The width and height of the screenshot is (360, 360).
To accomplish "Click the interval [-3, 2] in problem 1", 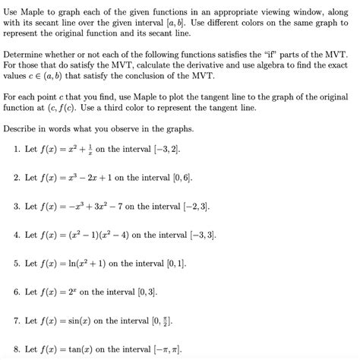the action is (x=165, y=149).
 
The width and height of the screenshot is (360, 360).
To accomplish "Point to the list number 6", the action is (x=17, y=292).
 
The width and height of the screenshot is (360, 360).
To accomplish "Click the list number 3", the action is (x=17, y=206).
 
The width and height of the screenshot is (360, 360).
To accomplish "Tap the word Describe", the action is (x=23, y=128).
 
